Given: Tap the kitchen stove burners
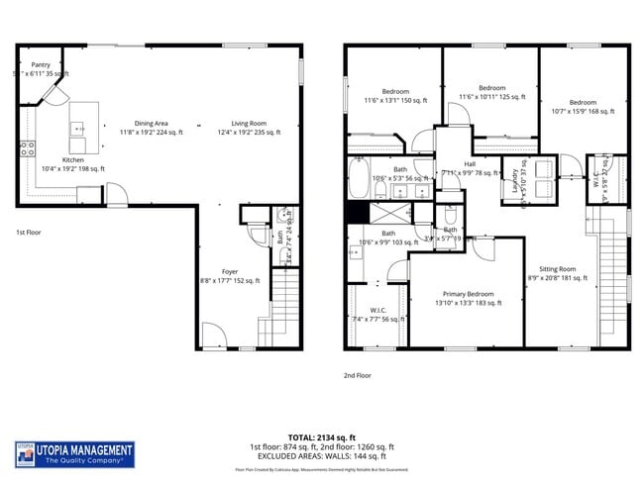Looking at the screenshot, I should [x=27, y=149].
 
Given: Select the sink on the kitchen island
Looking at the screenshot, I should [x=77, y=129].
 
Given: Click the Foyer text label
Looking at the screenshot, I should [x=229, y=270].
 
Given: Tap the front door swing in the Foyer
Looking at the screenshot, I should [x=214, y=336].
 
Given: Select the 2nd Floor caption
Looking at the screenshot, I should [x=357, y=375].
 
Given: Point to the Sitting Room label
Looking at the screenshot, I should [x=557, y=269].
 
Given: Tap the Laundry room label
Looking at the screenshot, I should [x=514, y=180].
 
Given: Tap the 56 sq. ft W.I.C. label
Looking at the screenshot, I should [x=378, y=314].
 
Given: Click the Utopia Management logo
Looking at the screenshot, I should [x=74, y=454].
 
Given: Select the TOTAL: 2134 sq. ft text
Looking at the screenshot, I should [x=321, y=436].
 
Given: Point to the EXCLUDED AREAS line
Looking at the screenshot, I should [x=321, y=456].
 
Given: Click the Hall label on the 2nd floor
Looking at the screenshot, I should [x=470, y=164].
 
